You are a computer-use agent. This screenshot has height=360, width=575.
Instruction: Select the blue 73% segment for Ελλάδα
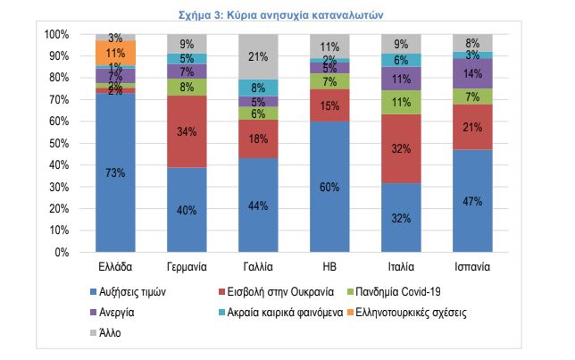[115, 172]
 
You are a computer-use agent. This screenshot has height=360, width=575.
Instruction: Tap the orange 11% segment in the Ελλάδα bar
[115, 53]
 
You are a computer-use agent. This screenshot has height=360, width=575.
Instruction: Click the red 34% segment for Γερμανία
[187, 132]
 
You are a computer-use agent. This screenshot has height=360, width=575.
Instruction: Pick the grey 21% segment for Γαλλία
[257, 56]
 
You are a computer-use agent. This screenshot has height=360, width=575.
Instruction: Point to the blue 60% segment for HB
[329, 187]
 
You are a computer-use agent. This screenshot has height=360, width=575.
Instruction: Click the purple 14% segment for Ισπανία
[471, 73]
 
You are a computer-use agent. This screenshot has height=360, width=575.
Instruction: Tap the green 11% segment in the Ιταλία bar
[400, 102]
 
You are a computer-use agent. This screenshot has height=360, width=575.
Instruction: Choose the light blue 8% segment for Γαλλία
[257, 88]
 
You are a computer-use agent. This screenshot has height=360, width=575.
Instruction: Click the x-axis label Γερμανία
[187, 267]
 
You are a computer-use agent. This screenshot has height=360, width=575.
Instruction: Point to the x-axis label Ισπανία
[471, 267]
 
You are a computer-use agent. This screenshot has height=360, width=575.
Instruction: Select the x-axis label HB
[329, 267]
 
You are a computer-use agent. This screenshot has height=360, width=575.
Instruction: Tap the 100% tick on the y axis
[55, 34]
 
